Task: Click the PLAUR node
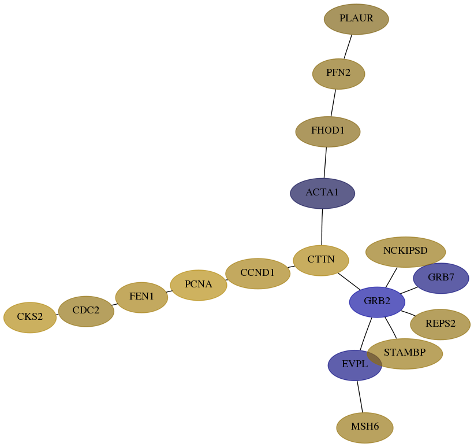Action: pyautogui.click(x=356, y=19)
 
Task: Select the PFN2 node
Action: pyautogui.click(x=338, y=74)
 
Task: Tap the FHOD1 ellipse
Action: pyautogui.click(x=328, y=131)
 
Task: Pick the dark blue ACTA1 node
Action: pyautogui.click(x=322, y=193)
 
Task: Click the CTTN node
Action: pyautogui.click(x=321, y=260)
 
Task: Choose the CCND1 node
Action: pyautogui.click(x=257, y=274)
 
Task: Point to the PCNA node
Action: pyautogui.click(x=198, y=285)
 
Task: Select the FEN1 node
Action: pyautogui.click(x=141, y=297)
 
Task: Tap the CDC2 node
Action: pyautogui.click(x=86, y=311)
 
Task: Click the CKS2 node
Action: pyautogui.click(x=30, y=317)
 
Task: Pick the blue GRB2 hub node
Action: pyautogui.click(x=377, y=302)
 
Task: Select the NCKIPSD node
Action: pyautogui.click(x=405, y=252)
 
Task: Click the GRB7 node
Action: pyautogui.click(x=441, y=278)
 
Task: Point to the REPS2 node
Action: pyautogui.click(x=440, y=324)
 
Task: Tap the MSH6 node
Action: pyautogui.click(x=364, y=427)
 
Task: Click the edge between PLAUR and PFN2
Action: pyautogui.click(x=348, y=47)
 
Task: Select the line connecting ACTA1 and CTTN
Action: pyautogui.click(x=322, y=227)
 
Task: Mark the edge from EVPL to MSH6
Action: pyautogui.click(x=360, y=397)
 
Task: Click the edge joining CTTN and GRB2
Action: pyautogui.click(x=349, y=282)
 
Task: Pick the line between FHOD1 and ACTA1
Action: pyautogui.click(x=325, y=162)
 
